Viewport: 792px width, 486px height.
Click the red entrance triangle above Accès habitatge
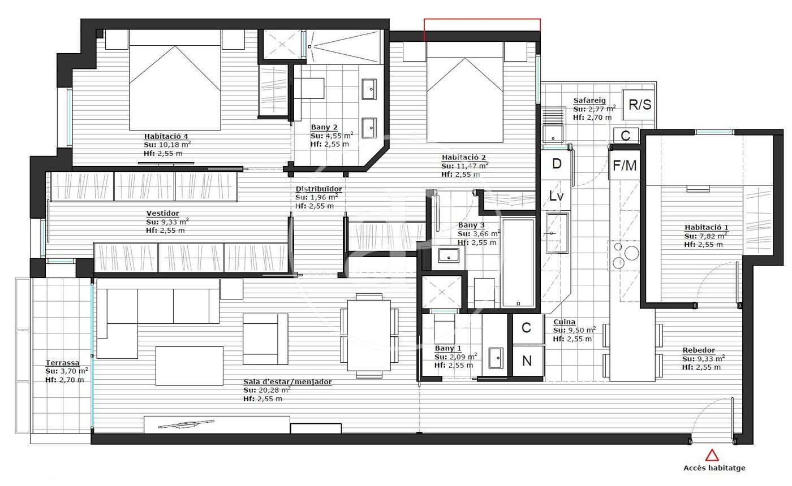[712, 455]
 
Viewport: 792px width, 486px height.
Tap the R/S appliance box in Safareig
[640, 105]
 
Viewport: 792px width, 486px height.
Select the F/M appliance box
[625, 165]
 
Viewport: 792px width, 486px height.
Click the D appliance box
[556, 164]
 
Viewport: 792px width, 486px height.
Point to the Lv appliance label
[556, 196]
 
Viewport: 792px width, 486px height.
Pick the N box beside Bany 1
[527, 361]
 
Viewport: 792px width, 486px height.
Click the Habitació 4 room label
[166, 136]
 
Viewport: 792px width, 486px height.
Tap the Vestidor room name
[163, 214]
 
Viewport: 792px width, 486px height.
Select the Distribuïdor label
[318, 189]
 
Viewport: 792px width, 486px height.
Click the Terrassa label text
[62, 363]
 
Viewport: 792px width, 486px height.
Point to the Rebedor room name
[699, 350]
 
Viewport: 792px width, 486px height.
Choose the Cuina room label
[565, 322]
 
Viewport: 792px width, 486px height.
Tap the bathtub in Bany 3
[518, 262]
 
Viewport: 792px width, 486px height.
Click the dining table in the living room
[369, 335]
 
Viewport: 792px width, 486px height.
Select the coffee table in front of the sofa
[189, 366]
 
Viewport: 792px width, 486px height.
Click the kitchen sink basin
[557, 233]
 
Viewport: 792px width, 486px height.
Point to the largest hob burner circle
[631, 253]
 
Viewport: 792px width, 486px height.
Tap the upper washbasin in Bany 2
[369, 89]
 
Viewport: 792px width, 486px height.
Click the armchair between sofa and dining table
[265, 339]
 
